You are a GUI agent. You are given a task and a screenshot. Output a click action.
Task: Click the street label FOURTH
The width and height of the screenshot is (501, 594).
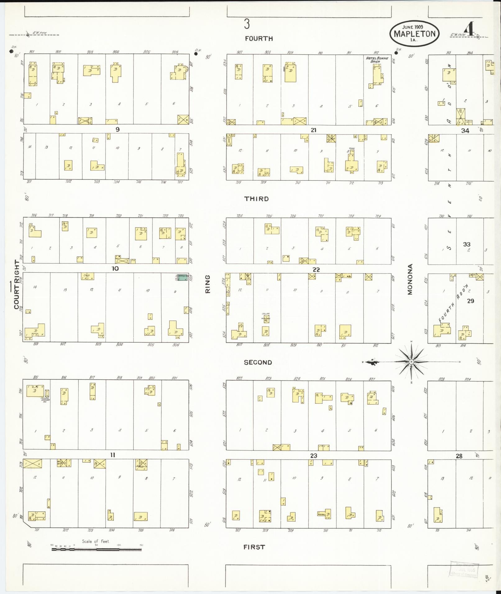click(x=259, y=39)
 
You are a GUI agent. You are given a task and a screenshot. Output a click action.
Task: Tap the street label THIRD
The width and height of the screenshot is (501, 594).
click(x=257, y=199)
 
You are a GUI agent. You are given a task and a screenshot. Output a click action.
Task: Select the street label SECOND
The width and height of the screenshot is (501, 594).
click(x=258, y=362)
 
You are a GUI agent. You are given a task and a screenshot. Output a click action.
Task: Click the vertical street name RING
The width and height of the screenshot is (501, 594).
click(x=208, y=284)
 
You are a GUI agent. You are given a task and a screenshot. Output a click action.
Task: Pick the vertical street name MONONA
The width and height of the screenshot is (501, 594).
click(x=410, y=279)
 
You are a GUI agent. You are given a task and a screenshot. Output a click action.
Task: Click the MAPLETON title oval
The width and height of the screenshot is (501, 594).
click(x=414, y=34)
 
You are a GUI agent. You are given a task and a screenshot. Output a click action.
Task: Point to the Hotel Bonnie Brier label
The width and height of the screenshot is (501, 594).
click(x=377, y=60)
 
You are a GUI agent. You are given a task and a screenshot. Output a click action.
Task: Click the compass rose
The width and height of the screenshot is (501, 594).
click(x=411, y=362)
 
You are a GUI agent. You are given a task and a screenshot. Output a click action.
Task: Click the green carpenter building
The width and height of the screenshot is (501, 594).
click(x=182, y=277)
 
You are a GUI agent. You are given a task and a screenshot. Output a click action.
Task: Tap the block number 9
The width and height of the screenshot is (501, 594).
click(x=117, y=129)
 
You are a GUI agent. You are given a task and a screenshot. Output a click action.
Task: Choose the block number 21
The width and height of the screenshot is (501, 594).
click(x=313, y=130)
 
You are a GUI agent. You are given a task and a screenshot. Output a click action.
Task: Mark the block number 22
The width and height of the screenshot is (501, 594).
click(x=316, y=270)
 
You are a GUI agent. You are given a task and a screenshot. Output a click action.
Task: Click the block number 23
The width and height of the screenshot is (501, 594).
click(x=314, y=456)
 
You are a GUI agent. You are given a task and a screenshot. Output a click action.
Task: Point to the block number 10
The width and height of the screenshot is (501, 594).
click(x=115, y=268)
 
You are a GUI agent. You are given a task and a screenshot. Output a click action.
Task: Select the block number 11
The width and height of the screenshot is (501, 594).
click(x=113, y=455)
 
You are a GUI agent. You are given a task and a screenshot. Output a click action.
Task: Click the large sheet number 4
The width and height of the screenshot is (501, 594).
click(x=470, y=30)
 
